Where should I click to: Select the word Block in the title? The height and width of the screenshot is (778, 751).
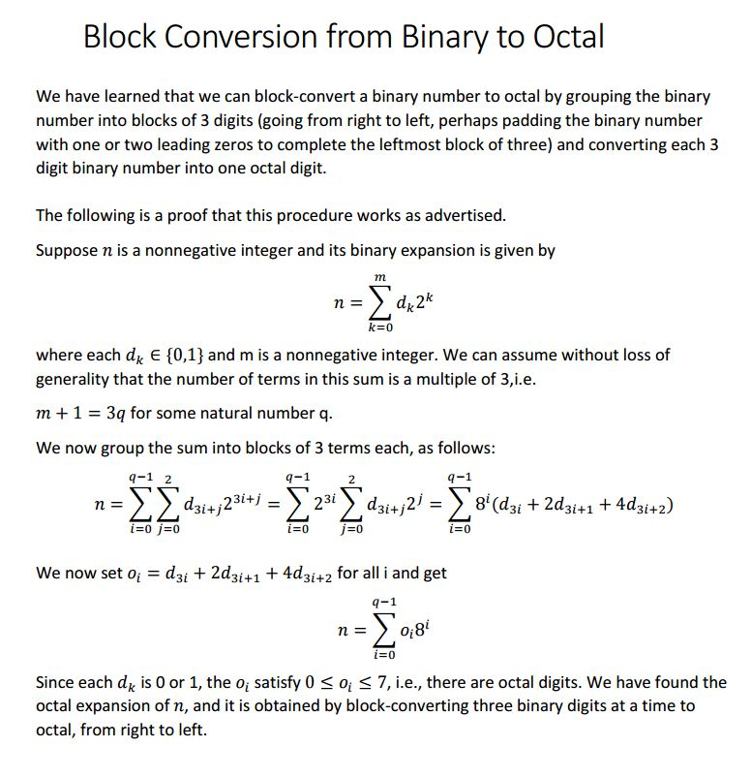tap(119, 37)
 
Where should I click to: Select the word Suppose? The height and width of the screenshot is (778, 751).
tap(67, 250)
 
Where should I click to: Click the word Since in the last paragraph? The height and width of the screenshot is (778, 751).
tap(55, 682)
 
